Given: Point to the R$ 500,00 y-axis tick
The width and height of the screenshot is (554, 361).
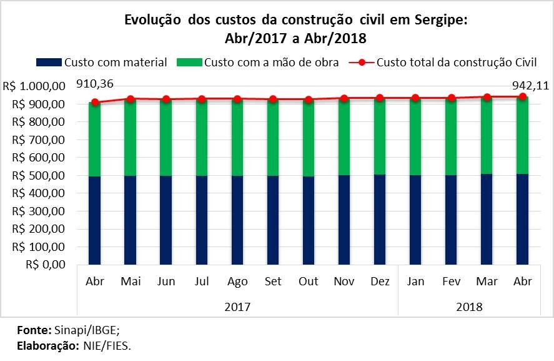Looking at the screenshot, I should coord(41,175).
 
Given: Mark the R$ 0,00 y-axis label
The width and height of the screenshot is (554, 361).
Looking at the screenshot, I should coord(47,265).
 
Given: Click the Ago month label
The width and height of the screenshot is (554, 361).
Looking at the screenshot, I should coord(237,282).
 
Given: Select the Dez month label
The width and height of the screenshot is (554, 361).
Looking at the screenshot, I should coord(380,282).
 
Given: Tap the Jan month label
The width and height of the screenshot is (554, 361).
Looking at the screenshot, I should coord(415,282).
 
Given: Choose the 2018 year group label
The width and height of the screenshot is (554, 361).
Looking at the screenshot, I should coord(469,307).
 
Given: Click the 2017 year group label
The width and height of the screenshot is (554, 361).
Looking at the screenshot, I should coord(237,307).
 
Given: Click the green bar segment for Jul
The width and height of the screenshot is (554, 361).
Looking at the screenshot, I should coord(202,138).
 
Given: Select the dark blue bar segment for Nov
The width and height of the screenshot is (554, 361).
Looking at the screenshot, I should coord(344,219).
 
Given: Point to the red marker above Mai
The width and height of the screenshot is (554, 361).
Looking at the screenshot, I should coord(131,99).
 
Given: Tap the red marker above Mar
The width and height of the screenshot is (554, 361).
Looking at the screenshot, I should coord(487,97).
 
